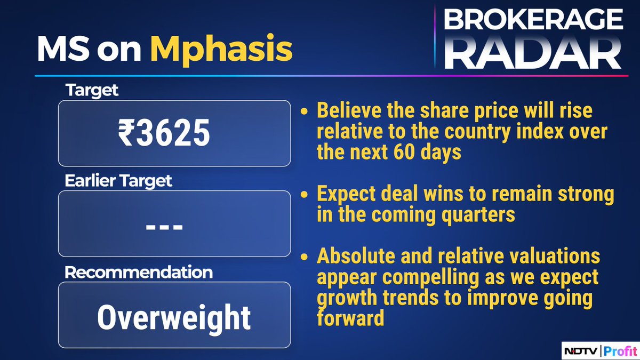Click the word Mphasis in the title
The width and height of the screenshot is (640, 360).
(x=221, y=50)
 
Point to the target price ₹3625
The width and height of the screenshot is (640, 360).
(x=164, y=133)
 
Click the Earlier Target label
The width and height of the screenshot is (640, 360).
(x=118, y=181)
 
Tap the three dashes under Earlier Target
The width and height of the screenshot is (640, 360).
(x=164, y=227)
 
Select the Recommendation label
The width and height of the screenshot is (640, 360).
(x=139, y=272)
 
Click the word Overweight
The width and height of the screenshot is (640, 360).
(x=174, y=317)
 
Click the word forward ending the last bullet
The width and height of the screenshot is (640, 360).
(x=350, y=318)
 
